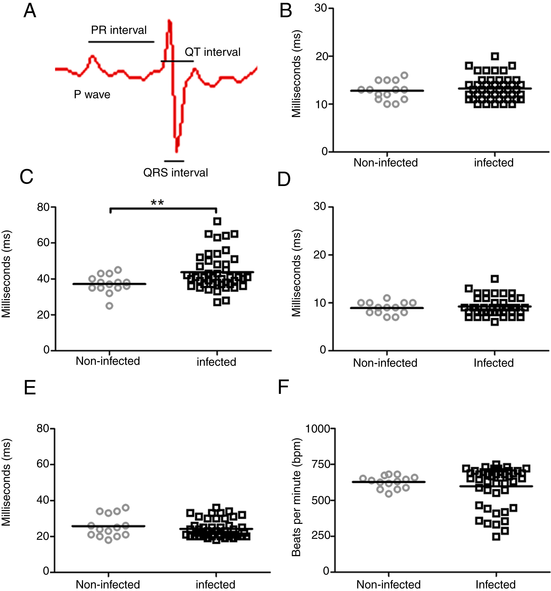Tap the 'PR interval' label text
click(119, 30)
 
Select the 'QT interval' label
click(212, 52)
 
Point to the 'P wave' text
click(92, 95)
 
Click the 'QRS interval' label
click(175, 172)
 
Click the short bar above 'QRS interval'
click(174, 161)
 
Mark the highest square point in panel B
click(495, 56)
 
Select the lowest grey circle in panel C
click(110, 306)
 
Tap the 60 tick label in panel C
click(43, 243)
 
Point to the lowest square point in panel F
click(496, 537)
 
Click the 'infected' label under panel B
click(494, 163)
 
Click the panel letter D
click(284, 180)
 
